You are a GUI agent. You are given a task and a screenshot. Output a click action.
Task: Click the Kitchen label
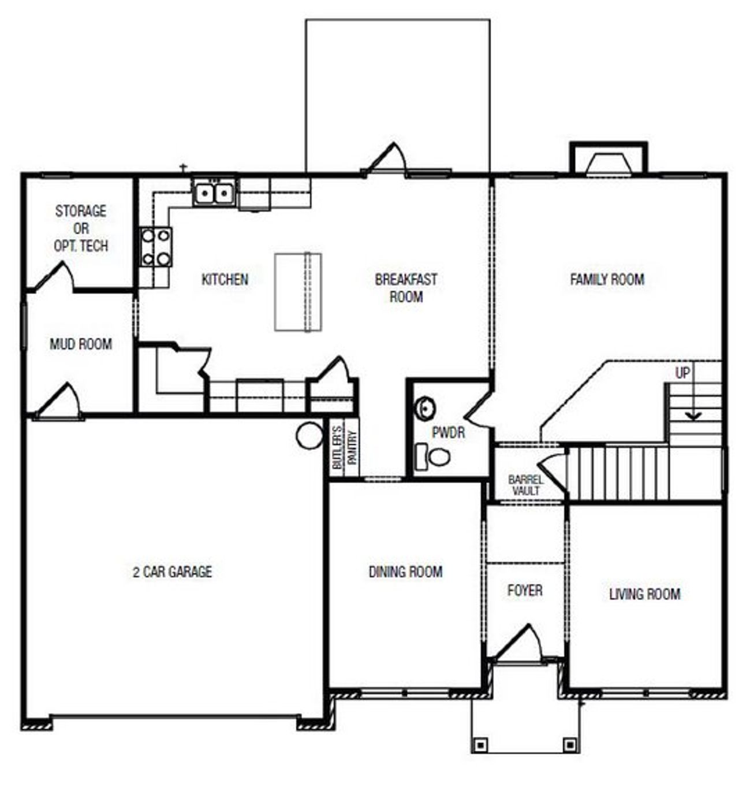pyautogui.click(x=225, y=280)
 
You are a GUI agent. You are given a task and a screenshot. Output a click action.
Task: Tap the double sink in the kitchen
pyautogui.click(x=214, y=192)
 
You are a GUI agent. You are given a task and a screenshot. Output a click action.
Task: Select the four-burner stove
pyautogui.click(x=156, y=247)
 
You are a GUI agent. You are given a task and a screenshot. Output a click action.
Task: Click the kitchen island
pyautogui.click(x=297, y=292)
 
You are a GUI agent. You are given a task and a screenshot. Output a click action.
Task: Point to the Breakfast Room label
pyautogui.click(x=406, y=288)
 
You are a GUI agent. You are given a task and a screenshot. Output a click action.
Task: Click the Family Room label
pyautogui.click(x=607, y=280)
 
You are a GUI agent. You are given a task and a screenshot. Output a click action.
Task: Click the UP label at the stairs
pyautogui.click(x=682, y=373)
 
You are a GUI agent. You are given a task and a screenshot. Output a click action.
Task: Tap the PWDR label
pyautogui.click(x=449, y=432)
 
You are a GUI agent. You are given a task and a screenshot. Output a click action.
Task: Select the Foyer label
pyautogui.click(x=525, y=590)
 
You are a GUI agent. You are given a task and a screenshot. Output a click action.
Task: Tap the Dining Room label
pyautogui.click(x=406, y=572)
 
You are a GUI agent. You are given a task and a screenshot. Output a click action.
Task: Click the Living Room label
pyautogui.click(x=645, y=594)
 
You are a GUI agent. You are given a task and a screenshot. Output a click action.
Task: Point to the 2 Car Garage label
pyautogui.click(x=173, y=572)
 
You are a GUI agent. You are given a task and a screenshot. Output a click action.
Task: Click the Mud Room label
pyautogui.click(x=81, y=344)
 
